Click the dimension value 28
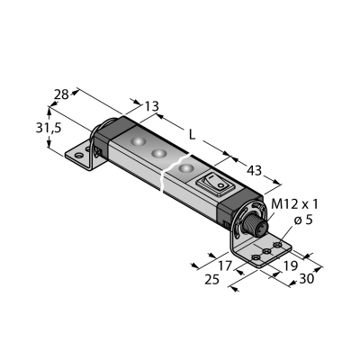coord(61,94)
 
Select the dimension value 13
coord(151,106)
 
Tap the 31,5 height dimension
coord(49,128)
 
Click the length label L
coord(192,135)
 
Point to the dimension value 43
coord(254,171)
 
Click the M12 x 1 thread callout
coord(294,204)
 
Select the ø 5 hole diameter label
coord(303,220)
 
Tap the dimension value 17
coord(225,265)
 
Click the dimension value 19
coord(290,265)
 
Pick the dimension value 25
coord(212,280)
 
